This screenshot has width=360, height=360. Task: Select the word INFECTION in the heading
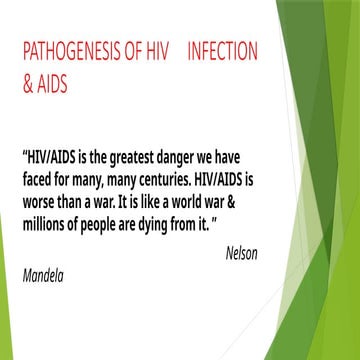coord(222,50)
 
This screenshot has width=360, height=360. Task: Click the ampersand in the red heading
coord(27,86)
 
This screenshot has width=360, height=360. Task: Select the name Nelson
coord(241,253)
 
